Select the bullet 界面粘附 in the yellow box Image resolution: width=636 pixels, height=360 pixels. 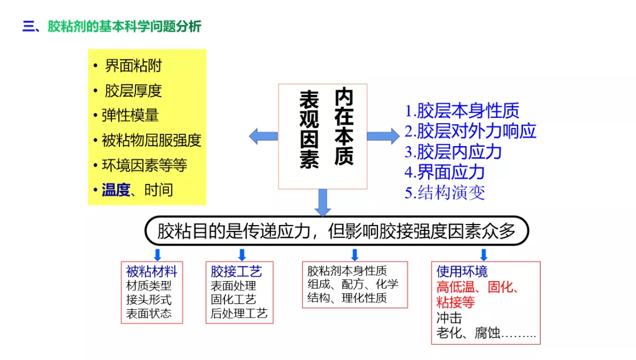(133, 66)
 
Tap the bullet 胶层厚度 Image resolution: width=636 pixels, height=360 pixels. (133, 91)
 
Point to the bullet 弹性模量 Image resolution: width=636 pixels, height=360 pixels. (130, 115)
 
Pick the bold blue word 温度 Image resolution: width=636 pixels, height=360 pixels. (115, 190)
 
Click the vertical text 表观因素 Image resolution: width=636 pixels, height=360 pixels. (309, 130)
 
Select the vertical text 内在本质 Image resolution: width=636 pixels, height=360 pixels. (344, 127)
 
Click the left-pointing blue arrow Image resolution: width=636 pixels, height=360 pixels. (263, 136)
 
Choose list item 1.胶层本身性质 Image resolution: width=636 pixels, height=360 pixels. (462, 111)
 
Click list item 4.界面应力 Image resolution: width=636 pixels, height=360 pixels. (445, 172)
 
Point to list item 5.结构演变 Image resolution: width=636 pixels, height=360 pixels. (445, 192)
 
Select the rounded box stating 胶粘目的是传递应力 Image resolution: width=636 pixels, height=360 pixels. (336, 231)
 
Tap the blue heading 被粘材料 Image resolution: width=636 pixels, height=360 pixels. (151, 272)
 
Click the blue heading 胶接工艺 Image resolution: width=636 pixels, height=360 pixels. (236, 272)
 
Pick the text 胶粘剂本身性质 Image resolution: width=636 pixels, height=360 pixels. (347, 271)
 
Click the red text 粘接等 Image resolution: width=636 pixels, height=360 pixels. (455, 303)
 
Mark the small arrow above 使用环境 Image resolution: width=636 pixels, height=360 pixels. (483, 255)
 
